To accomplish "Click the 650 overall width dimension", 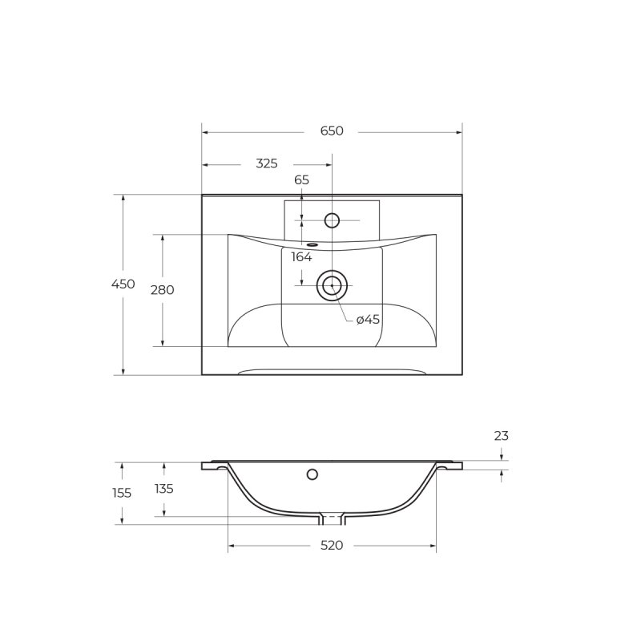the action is pos(332,131).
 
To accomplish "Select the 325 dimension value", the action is pos(267,163).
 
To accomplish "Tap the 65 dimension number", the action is pos(302,179).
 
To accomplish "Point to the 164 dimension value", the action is pos(301,257).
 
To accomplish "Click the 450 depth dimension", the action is pos(123,284).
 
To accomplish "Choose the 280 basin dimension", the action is pos(163,290).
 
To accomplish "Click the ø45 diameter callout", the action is pos(368,319).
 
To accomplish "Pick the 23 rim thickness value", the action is pos(502,436).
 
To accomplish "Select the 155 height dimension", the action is pos(122,493).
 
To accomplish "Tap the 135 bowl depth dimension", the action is pos(164,489).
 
